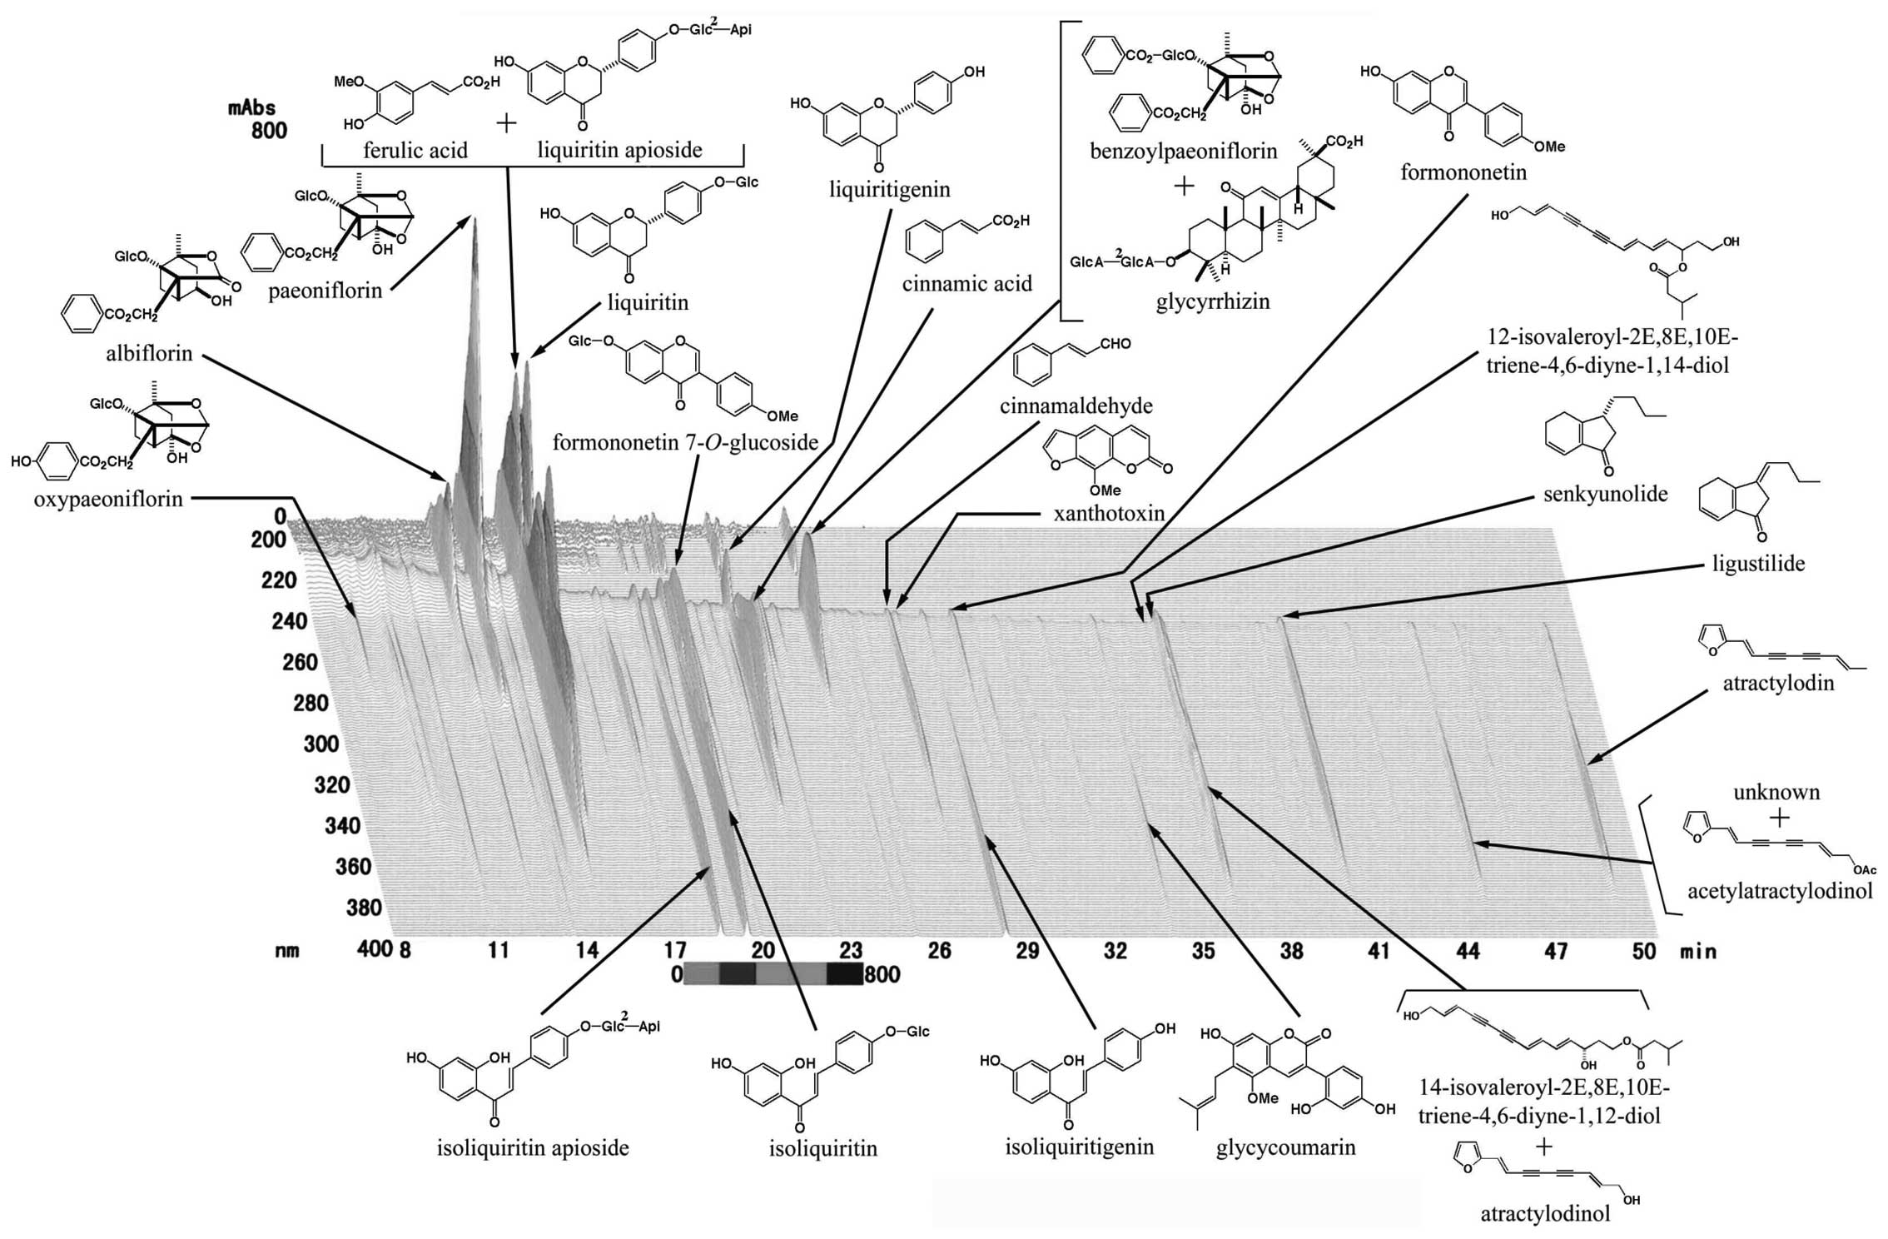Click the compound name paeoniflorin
tap(325, 291)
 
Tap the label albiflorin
tap(149, 353)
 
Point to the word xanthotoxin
tap(1109, 513)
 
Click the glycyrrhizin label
tap(1213, 301)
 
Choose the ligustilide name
tap(1758, 564)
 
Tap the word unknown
tap(1776, 792)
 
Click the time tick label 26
tap(939, 950)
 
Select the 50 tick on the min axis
tap(1643, 950)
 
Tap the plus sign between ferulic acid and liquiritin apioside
tap(506, 124)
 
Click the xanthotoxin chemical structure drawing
tap(1104, 462)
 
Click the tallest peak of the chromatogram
tap(474, 221)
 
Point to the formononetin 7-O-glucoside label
tap(685, 442)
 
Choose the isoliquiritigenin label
tap(1079, 1147)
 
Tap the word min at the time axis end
tap(1697, 950)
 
